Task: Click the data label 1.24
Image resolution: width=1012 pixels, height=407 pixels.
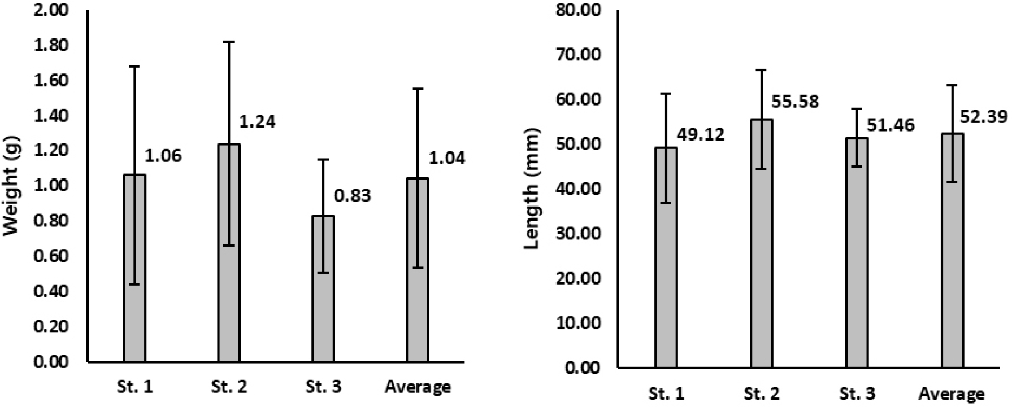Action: pyautogui.click(x=258, y=121)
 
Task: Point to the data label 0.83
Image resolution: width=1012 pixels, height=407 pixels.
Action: pyautogui.click(x=353, y=196)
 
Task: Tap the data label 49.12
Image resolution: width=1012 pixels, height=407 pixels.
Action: pyautogui.click(x=701, y=135)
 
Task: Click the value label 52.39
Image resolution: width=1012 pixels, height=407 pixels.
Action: pyautogui.click(x=985, y=117)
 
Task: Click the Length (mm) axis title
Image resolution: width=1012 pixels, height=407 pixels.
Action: pyautogui.click(x=532, y=189)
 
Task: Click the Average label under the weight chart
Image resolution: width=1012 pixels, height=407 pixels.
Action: pyautogui.click(x=418, y=387)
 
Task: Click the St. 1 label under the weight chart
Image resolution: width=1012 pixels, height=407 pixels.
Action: pyautogui.click(x=134, y=387)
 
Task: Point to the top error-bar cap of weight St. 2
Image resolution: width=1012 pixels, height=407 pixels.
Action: pyautogui.click(x=229, y=42)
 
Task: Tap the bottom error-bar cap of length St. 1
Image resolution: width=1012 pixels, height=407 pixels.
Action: pyautogui.click(x=666, y=203)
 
